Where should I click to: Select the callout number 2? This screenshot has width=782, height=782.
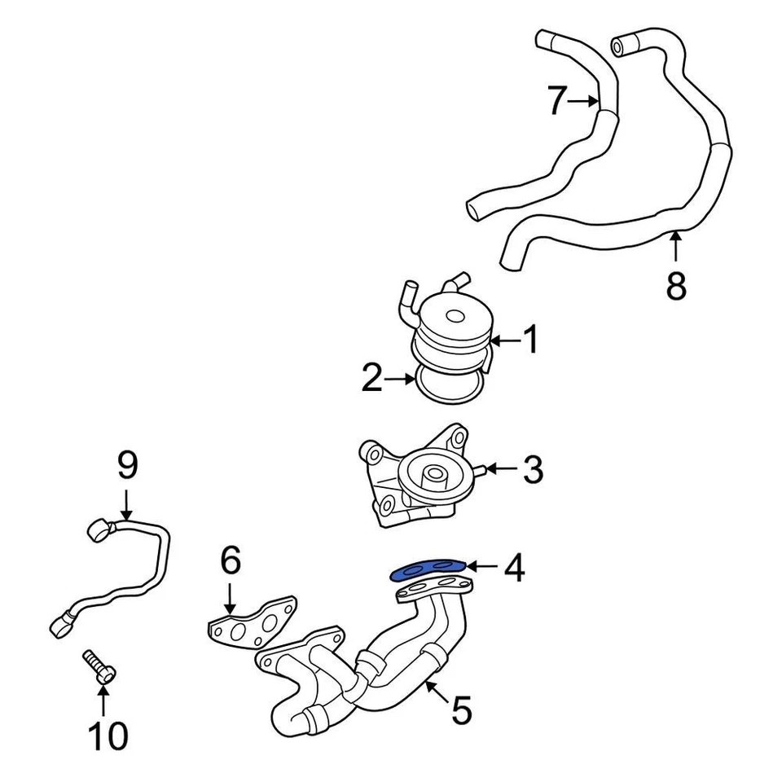click(x=372, y=379)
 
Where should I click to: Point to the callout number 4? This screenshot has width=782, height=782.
click(x=513, y=569)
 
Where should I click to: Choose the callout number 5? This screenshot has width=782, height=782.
click(x=461, y=710)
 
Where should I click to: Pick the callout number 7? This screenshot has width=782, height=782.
click(x=556, y=101)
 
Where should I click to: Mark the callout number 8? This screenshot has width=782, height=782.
click(x=676, y=286)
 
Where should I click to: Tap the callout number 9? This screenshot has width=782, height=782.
click(x=127, y=466)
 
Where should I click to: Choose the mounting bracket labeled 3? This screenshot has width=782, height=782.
click(x=415, y=477)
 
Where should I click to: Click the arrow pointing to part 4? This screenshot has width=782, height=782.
click(x=484, y=565)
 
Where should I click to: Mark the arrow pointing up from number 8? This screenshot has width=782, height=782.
click(x=676, y=245)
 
